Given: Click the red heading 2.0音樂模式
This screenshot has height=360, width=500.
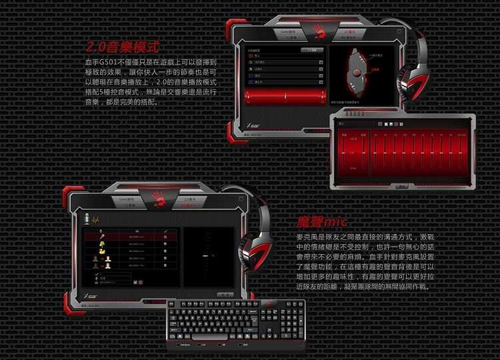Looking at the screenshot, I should (x=123, y=47).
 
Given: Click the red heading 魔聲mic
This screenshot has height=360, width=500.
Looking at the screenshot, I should (x=322, y=221).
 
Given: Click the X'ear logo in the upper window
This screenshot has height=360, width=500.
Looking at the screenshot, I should (x=254, y=125).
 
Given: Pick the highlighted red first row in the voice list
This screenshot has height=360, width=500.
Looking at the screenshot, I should (x=130, y=235).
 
